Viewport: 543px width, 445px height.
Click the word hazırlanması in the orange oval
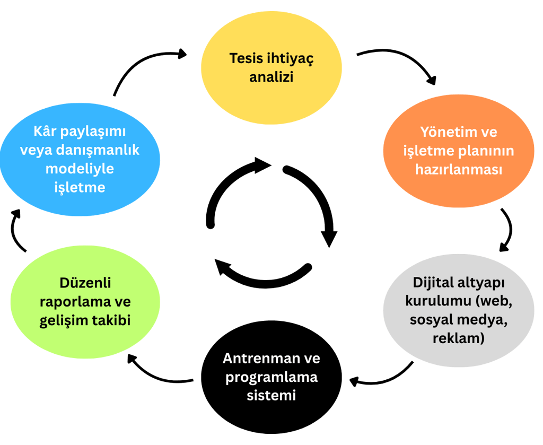(x=458, y=171)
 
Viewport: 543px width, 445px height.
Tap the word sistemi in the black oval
(x=271, y=395)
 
